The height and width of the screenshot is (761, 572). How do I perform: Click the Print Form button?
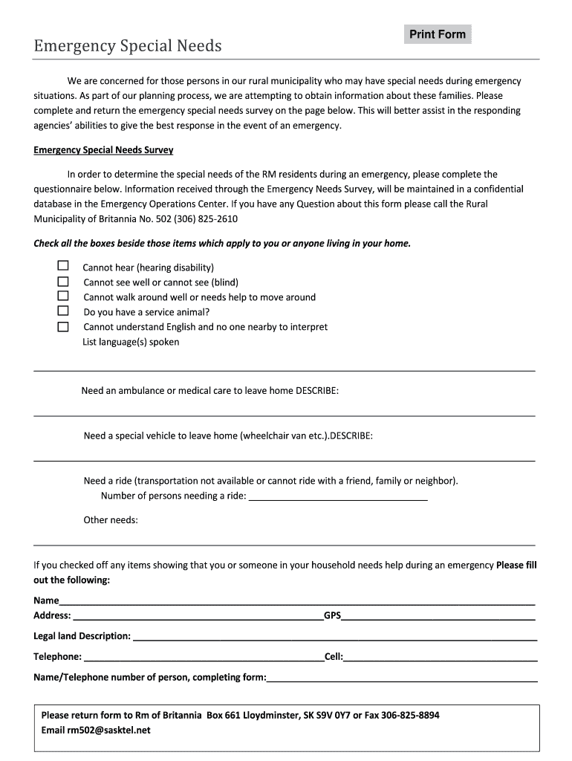438,34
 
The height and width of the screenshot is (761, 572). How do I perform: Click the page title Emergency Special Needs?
128,46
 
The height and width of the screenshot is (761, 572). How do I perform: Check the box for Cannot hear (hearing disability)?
63,266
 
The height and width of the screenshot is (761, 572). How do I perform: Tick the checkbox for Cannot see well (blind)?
63,282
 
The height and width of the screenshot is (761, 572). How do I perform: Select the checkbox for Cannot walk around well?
63,297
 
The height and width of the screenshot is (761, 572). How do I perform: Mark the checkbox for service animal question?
63,311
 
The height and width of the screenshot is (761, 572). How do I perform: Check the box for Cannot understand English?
63,326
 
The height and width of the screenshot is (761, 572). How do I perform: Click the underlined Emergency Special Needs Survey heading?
103,150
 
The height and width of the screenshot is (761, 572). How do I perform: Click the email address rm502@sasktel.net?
108,730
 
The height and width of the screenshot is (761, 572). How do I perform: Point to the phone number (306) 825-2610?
196,219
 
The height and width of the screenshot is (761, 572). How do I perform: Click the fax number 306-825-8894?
410,715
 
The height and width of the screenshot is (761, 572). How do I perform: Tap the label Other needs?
111,520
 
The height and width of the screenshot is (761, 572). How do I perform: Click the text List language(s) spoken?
131,342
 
